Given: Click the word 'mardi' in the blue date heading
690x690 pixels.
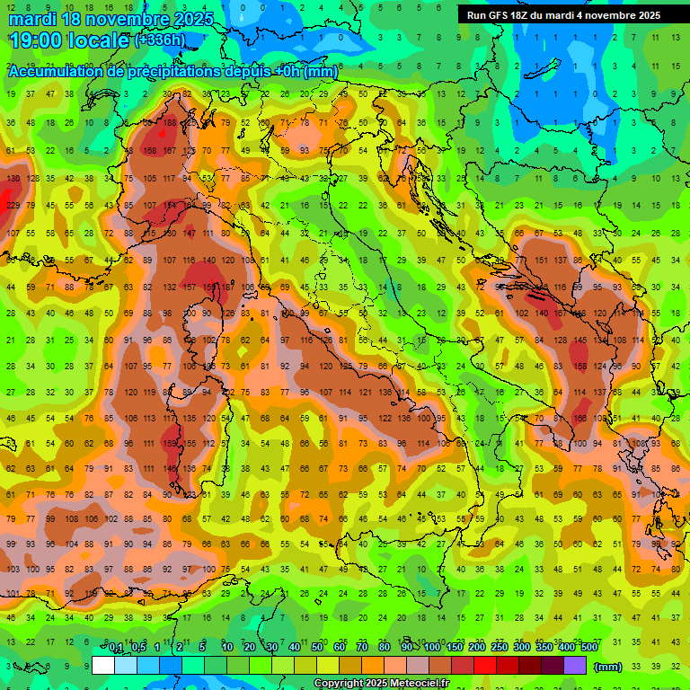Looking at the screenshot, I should [32, 19].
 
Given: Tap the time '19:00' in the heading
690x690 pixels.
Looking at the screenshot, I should [36, 40].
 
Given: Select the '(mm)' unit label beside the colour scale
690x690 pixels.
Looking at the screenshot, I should [608, 667].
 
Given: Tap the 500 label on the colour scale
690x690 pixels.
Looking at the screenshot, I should [588, 647].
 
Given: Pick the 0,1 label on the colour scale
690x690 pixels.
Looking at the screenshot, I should [116, 647].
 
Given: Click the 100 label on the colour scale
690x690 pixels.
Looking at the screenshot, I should [431, 647].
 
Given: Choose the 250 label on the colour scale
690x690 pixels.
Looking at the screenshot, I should [499, 647].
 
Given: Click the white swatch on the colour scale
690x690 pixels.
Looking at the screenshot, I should [103, 666].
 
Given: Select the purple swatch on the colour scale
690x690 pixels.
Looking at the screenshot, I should [575, 666].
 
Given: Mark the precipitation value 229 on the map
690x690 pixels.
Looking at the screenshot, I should [13, 206].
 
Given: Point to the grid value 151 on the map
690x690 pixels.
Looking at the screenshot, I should [542, 261].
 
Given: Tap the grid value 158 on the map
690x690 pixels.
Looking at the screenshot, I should [149, 151].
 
